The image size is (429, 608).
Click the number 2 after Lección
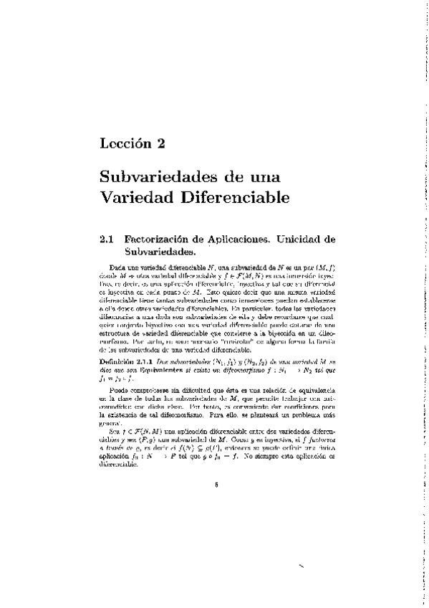click(x=161, y=143)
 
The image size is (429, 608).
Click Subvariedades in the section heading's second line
click(x=160, y=252)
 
